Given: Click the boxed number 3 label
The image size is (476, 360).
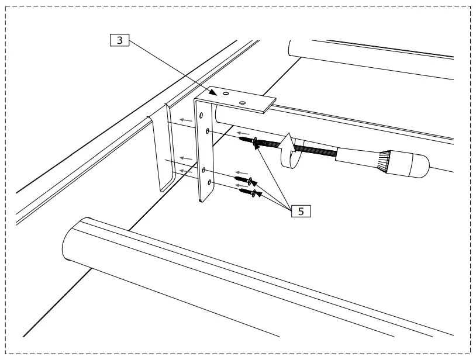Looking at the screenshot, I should click(119, 41).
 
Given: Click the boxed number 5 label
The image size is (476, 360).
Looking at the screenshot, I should click(300, 211).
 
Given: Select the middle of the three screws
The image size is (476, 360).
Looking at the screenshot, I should click(243, 178).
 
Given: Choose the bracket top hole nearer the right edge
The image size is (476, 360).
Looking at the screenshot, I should click(242, 103).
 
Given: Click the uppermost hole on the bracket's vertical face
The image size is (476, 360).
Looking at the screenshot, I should click(202, 116).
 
